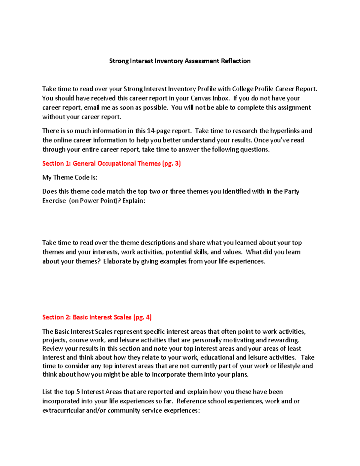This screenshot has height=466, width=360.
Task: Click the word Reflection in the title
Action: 235,61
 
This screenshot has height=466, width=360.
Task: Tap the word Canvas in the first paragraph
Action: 201,98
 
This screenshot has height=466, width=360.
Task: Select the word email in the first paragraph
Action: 92,107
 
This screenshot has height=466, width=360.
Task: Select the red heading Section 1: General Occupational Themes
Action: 101,164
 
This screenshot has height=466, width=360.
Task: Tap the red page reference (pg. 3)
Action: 171,164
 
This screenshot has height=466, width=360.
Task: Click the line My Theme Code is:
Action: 70,177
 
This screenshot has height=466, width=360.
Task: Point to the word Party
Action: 291,191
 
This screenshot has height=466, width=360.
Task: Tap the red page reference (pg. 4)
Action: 142,317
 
